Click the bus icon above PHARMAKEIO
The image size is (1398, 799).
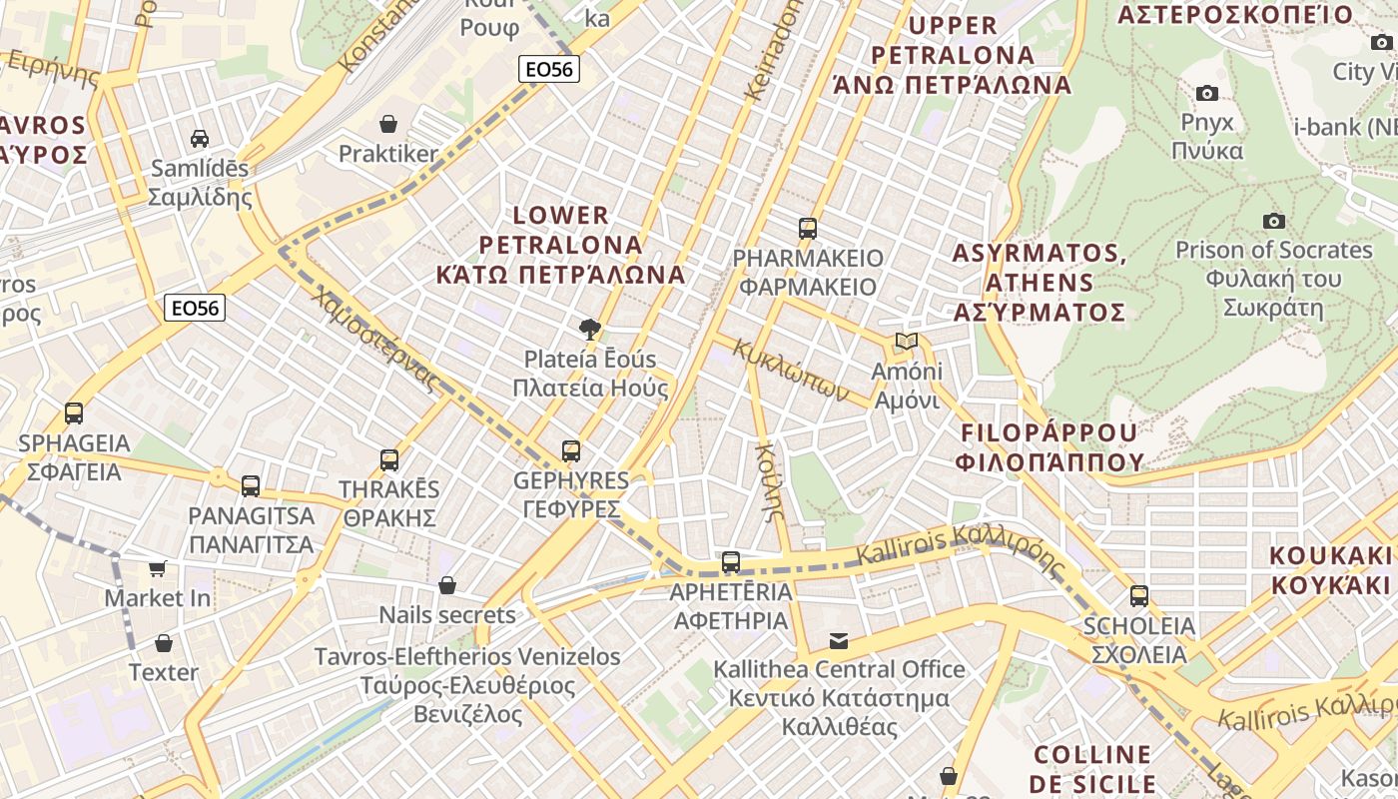tap(808, 229)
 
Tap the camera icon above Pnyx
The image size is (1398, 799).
tap(1207, 93)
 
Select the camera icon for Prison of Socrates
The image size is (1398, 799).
tap(1274, 221)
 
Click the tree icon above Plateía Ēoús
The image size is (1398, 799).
tap(590, 329)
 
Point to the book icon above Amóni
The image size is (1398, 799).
tap(907, 342)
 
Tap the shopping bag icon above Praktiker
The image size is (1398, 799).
tap(388, 124)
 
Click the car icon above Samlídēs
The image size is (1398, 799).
tap(200, 139)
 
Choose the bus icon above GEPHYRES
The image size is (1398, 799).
tap(571, 451)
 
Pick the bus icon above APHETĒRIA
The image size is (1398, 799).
tap(731, 562)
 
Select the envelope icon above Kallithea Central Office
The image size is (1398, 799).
tap(839, 639)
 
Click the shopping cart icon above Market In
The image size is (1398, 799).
tap(158, 568)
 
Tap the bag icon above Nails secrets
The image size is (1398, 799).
tap(447, 585)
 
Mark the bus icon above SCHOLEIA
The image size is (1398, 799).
tap(1139, 596)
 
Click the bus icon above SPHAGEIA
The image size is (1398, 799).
tap(74, 412)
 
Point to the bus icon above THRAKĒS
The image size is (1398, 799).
tap(389, 460)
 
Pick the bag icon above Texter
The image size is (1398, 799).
tap(164, 642)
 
